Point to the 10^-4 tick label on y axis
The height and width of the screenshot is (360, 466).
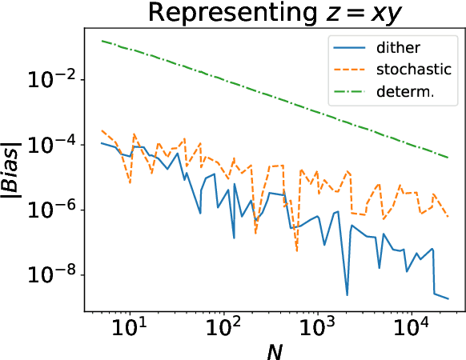click(x=55, y=144)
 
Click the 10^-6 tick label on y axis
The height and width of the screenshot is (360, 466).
click(x=55, y=209)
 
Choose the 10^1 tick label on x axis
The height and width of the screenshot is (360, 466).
click(x=129, y=328)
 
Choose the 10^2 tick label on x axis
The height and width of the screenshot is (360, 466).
click(x=223, y=328)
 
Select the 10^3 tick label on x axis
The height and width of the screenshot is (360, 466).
click(x=318, y=328)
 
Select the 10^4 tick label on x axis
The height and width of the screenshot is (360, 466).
click(x=412, y=328)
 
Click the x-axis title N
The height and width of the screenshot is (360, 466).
click(x=275, y=349)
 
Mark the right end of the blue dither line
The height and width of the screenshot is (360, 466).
click(x=448, y=299)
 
